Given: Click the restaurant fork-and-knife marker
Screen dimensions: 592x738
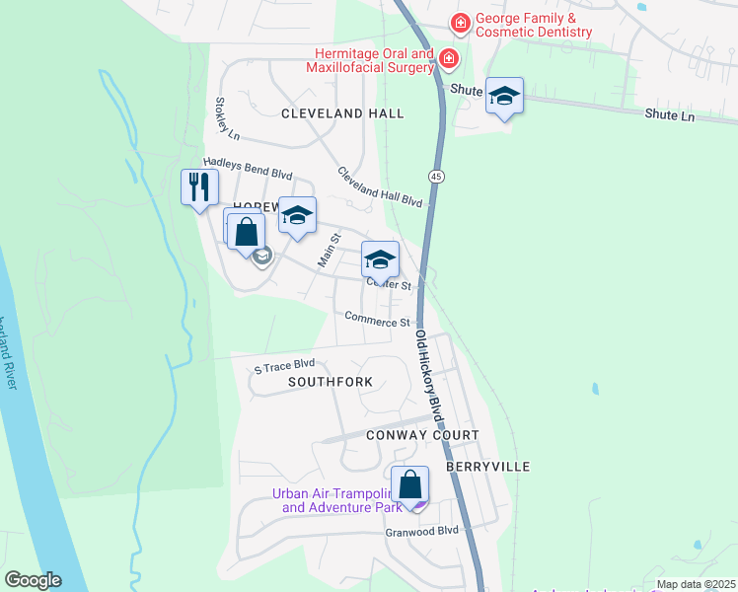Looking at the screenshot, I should (x=199, y=186).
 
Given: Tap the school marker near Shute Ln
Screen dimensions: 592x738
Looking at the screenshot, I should (x=504, y=96).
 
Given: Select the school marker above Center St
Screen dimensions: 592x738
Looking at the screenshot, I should (x=380, y=259).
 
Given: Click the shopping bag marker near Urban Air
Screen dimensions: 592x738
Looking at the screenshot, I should (x=410, y=484).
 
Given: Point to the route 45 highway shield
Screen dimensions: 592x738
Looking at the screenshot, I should (x=435, y=175).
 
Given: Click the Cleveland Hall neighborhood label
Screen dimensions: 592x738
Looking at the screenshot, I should (x=342, y=113).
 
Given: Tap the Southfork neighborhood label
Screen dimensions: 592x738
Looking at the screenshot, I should (x=331, y=381).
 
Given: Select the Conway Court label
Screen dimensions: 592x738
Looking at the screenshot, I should (x=422, y=435).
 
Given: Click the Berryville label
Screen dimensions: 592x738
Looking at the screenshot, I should (x=488, y=466).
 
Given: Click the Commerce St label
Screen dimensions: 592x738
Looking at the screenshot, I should (x=377, y=320).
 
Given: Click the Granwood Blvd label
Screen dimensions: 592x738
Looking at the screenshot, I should (x=422, y=531).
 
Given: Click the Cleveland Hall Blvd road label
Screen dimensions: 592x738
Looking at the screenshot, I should (x=380, y=186).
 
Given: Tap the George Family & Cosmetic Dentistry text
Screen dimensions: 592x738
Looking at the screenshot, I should (x=534, y=25).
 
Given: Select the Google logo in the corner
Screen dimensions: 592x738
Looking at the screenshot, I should (x=33, y=580).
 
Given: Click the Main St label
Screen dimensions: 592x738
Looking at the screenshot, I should (x=329, y=251).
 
